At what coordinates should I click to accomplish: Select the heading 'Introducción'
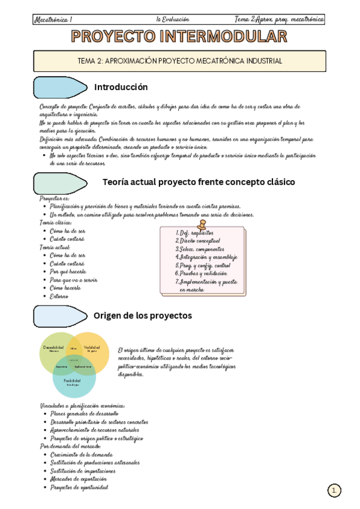[x=121, y=87]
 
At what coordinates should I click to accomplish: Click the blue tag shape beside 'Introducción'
[x=61, y=88]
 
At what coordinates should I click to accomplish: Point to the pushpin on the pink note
[x=202, y=223]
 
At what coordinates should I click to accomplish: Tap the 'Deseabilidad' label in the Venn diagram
[x=53, y=348]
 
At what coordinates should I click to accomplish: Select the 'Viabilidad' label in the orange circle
[x=92, y=348]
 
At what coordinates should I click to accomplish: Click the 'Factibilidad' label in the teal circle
[x=73, y=381]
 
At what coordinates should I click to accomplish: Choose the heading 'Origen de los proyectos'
[x=143, y=315]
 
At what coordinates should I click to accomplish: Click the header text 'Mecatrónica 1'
[x=53, y=19]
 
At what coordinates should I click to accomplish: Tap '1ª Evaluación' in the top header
[x=179, y=19]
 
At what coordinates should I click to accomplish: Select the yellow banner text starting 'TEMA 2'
[x=180, y=61]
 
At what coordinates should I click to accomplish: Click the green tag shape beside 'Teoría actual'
[x=60, y=182]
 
